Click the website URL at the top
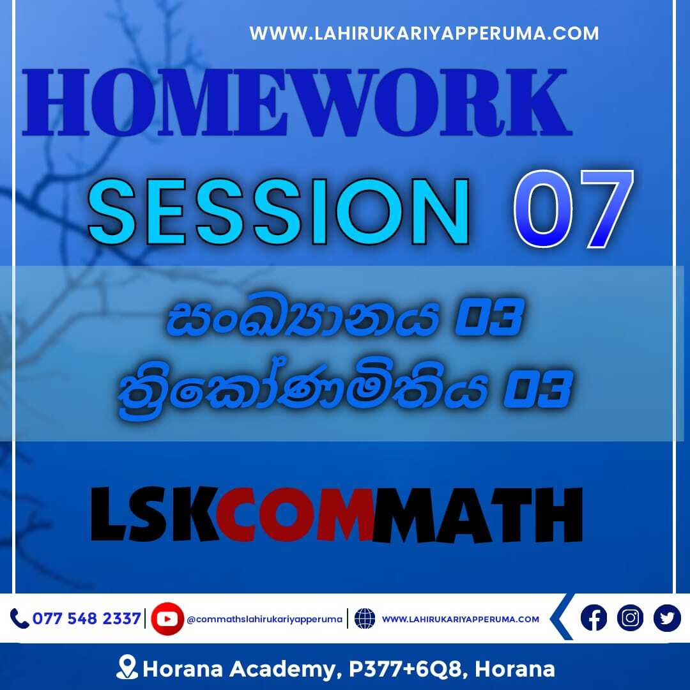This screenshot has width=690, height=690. pos(424,33)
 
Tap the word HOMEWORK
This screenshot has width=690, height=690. pos(297,102)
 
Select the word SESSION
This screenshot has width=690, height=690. pos(279,211)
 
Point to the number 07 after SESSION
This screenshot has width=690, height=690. pos(574,209)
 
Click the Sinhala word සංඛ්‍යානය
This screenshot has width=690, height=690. pos(302,314)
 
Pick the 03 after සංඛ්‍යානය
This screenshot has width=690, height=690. pos(489,316)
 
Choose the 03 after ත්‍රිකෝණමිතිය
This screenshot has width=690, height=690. pos(538,388)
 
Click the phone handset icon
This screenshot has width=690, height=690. pos(19,618)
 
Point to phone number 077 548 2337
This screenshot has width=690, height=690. pos(87,618)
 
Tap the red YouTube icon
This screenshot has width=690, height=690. pos(167,618)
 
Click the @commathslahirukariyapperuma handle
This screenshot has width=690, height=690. pos(264,619)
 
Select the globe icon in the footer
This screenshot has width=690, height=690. pos(365,618)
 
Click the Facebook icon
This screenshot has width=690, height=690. pos(594,618)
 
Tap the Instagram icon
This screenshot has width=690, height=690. pos(630,618)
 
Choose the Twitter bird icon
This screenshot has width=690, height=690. pos(667,618)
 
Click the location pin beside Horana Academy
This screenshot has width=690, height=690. pos(127,667)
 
